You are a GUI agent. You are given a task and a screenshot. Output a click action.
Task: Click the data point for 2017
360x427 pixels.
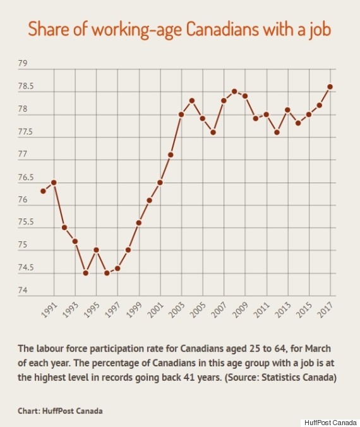point(330,87)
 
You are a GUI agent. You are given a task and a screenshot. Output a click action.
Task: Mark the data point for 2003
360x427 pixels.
point(181,114)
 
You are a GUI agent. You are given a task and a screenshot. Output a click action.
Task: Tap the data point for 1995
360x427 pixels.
point(96,250)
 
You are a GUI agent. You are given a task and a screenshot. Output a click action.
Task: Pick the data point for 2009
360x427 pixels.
point(245,96)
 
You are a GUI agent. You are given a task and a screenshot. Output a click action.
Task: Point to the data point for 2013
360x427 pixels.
point(287,110)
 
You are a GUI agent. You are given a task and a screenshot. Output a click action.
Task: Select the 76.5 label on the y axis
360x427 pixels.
point(27,177)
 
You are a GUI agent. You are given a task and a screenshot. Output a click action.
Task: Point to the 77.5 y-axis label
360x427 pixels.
point(27,132)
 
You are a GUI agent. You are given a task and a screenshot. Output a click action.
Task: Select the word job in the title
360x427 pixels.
point(320,30)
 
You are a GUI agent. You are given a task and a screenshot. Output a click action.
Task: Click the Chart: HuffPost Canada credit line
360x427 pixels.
point(61,411)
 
